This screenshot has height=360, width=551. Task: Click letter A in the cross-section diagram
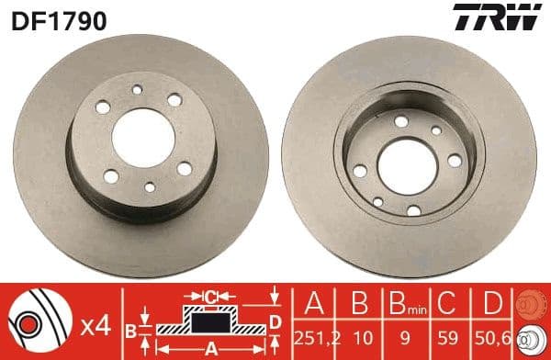coord(210,347)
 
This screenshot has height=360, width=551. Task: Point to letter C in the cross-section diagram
coord(210,297)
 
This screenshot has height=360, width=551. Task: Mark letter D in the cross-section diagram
coord(275,321)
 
